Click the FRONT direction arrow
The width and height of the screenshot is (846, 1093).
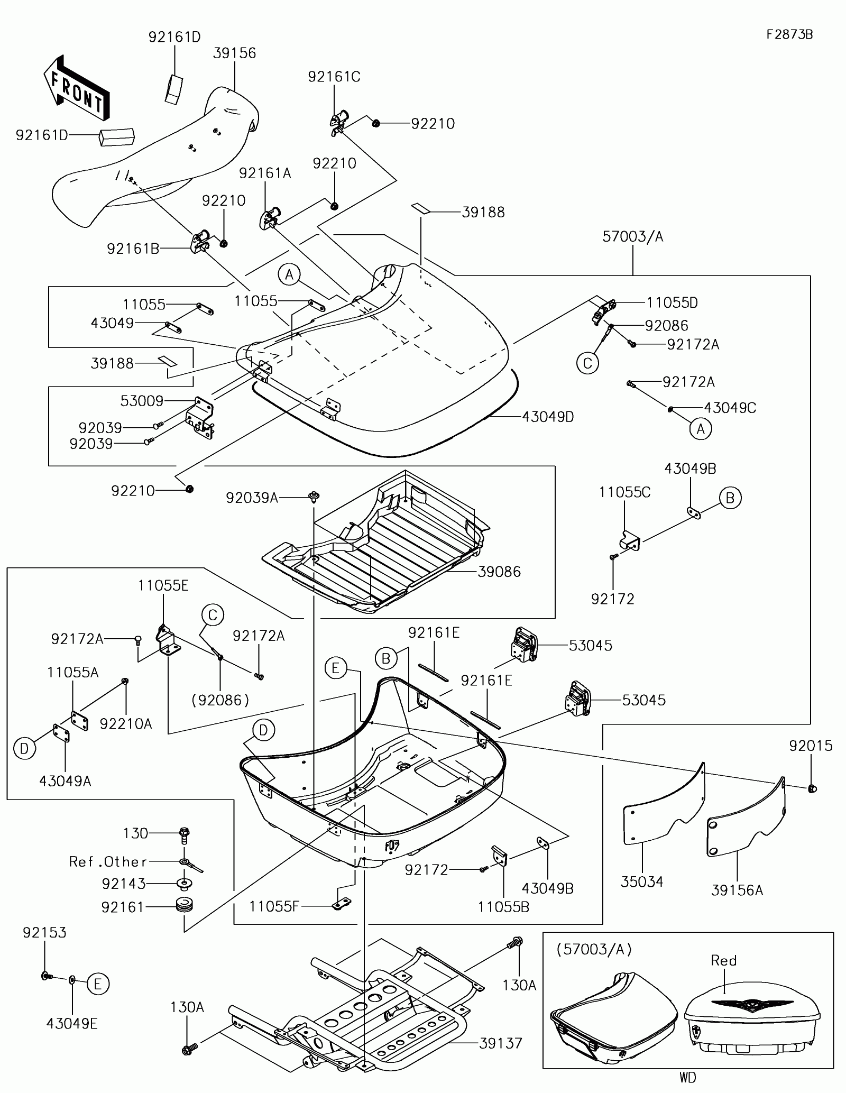point(76,88)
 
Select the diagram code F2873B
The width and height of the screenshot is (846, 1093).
point(789,34)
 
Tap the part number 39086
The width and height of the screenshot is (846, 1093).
point(499,572)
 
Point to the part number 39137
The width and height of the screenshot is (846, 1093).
point(500,1043)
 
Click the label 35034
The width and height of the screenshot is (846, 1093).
point(642,881)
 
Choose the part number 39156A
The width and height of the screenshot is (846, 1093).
point(737,890)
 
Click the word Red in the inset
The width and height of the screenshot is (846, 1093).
point(723,960)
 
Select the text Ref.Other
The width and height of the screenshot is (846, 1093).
point(108,861)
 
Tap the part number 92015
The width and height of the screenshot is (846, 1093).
point(811,746)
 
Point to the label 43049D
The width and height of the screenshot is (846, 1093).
point(548,417)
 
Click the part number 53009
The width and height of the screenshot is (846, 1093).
point(142,401)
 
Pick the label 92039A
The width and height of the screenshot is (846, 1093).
point(252,498)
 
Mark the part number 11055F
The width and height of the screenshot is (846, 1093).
point(274,906)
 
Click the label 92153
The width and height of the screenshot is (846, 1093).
point(44,932)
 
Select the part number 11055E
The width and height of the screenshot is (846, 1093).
point(163,585)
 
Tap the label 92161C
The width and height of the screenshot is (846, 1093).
point(334,77)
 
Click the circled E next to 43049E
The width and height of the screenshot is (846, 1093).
point(98,984)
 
